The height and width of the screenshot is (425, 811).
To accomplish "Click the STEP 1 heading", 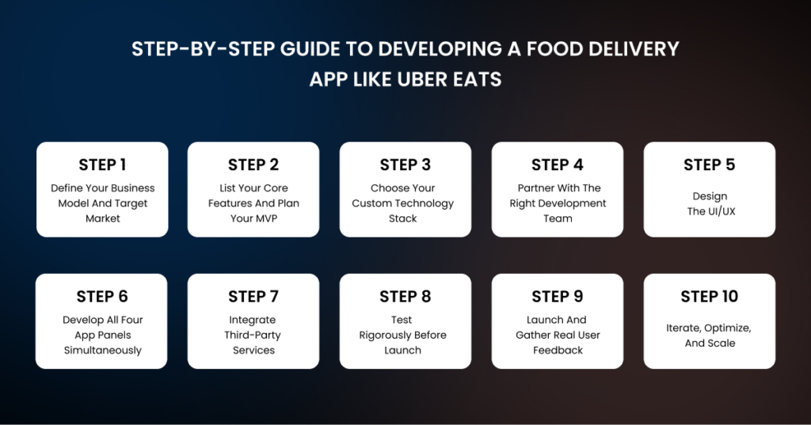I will point(102,165).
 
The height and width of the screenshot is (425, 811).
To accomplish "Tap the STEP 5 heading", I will point(710,165).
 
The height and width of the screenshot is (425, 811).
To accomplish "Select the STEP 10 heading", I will point(710,297).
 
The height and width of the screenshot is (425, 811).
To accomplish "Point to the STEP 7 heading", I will point(253,297).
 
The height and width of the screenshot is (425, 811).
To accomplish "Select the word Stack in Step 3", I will point(402,218).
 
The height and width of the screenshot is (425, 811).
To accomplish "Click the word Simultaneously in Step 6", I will point(103,351).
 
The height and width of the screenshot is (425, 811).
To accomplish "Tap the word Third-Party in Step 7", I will point(253,336).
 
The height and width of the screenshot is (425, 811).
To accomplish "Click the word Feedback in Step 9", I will point(558,351).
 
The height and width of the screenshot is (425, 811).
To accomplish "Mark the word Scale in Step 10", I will point(722,343).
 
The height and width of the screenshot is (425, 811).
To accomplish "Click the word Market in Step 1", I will point(103,218).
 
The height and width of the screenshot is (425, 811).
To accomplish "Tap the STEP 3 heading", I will point(405,165).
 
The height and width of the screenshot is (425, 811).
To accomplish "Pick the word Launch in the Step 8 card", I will point(402,351).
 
